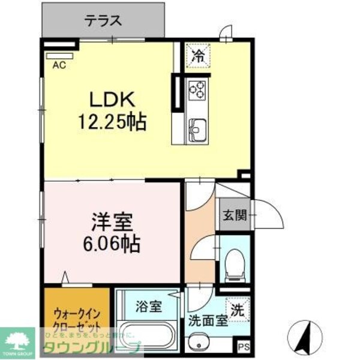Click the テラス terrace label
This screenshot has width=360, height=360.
point(103,21)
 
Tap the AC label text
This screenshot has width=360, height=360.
point(59,64)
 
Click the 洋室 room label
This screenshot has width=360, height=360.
point(112,222)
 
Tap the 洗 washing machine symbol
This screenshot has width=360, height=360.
point(238,311)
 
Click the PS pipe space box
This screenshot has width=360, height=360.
point(242,346)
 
